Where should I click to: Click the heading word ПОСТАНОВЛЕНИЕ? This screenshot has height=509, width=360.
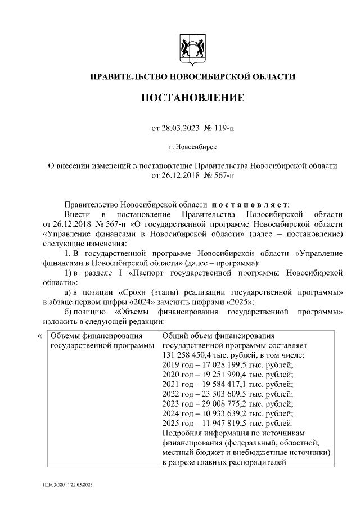[192, 98]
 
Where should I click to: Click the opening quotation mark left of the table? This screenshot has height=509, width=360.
[39, 336]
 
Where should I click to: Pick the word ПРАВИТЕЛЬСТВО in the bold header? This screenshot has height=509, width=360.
[124, 76]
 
